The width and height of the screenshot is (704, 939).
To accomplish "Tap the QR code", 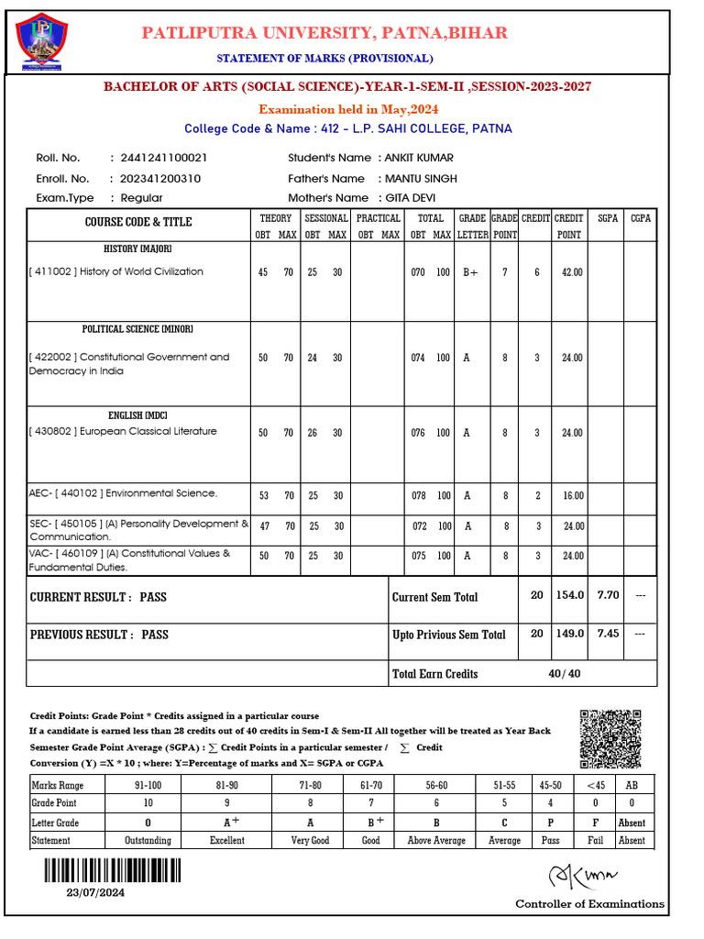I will point(610,740).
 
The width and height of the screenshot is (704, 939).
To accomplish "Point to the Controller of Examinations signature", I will point(583,877).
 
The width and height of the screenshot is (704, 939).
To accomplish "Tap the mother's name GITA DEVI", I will point(412,198).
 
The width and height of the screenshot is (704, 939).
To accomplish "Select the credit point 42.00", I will point(571,272).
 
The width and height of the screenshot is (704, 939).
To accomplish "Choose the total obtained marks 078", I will point(418,495).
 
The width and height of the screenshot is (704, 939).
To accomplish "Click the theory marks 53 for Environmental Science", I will point(264,495).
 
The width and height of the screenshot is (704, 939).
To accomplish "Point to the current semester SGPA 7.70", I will point(608,595).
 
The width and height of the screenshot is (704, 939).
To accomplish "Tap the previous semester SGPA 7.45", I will point(608,634).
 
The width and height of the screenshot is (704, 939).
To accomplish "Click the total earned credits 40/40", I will point(565,673).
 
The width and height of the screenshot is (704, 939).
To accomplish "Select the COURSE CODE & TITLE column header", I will point(138,222).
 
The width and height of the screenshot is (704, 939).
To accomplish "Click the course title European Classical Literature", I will point(148,432).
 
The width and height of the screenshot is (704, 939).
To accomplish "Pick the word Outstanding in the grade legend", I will point(148,840).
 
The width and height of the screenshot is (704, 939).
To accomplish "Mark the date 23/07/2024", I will point(94,892).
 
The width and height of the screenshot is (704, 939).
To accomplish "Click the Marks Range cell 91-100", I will point(148,786).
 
